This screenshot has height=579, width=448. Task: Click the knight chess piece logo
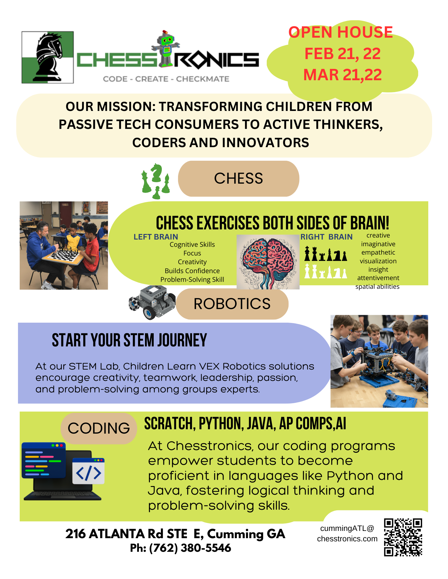(48, 57)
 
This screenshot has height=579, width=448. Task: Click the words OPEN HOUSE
(340, 32)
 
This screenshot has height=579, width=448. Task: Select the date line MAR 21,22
(342, 75)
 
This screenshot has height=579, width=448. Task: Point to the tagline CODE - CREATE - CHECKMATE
(166, 79)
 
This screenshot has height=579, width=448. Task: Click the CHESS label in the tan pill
(238, 178)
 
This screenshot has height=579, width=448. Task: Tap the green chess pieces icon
(156, 181)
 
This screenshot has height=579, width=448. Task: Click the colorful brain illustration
(268, 262)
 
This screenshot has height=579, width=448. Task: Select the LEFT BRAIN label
(156, 237)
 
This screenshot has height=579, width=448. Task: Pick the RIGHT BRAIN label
(327, 237)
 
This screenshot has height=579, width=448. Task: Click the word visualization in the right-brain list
(378, 261)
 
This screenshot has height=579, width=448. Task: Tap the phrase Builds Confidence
(192, 271)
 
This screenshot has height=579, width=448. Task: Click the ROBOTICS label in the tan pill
(232, 304)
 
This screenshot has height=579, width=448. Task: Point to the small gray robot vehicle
(152, 302)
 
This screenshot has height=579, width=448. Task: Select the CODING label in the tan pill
(99, 428)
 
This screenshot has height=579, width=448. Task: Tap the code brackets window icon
(88, 471)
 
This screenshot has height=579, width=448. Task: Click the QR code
(403, 537)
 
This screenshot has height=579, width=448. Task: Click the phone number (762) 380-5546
(190, 548)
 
